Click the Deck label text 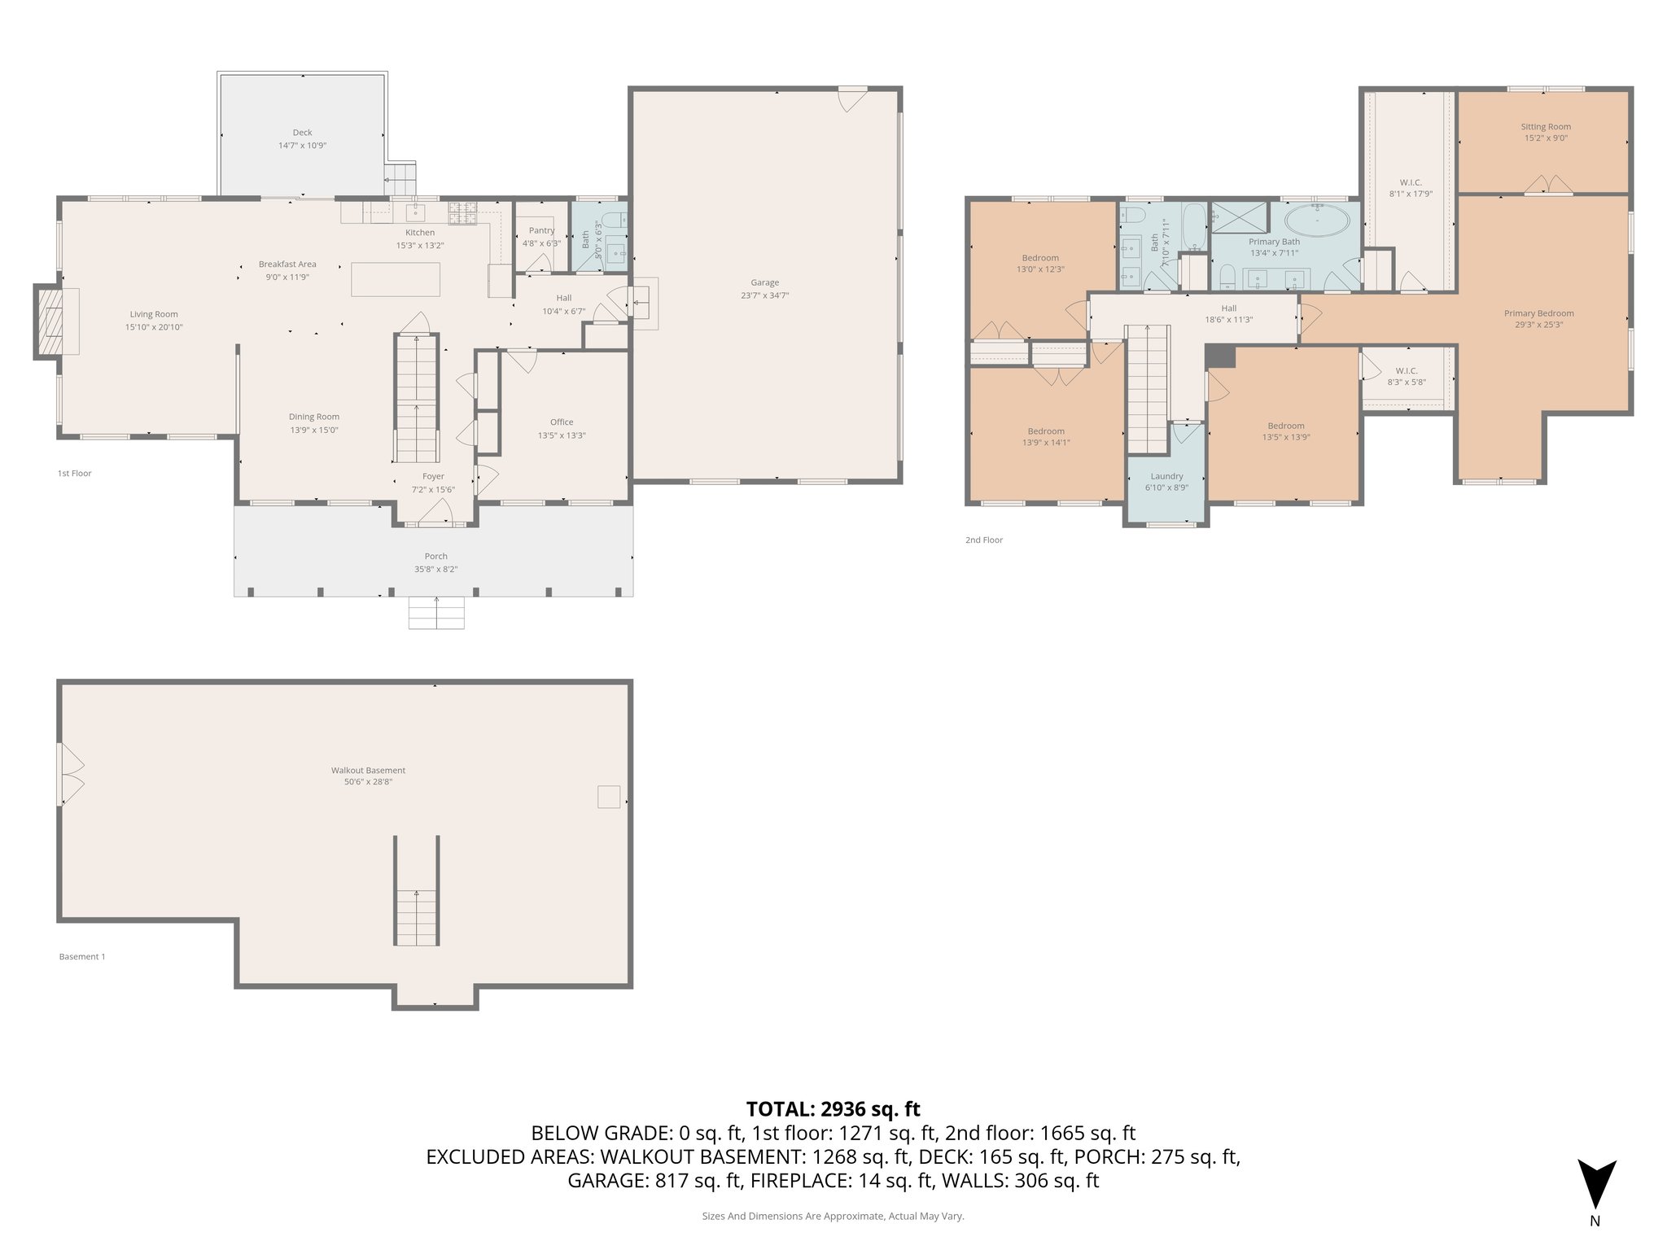point(302,133)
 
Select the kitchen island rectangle point(396,279)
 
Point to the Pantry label point(541,230)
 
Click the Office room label point(561,422)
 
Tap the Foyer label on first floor point(433,476)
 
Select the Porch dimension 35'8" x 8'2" point(435,569)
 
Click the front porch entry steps point(436,613)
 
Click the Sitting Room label point(1545,126)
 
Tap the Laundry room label point(1166,476)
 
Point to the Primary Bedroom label point(1538,313)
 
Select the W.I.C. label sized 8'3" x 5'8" point(1406,370)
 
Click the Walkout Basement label point(368,770)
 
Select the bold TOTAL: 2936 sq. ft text point(833,1108)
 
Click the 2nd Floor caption point(983,540)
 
